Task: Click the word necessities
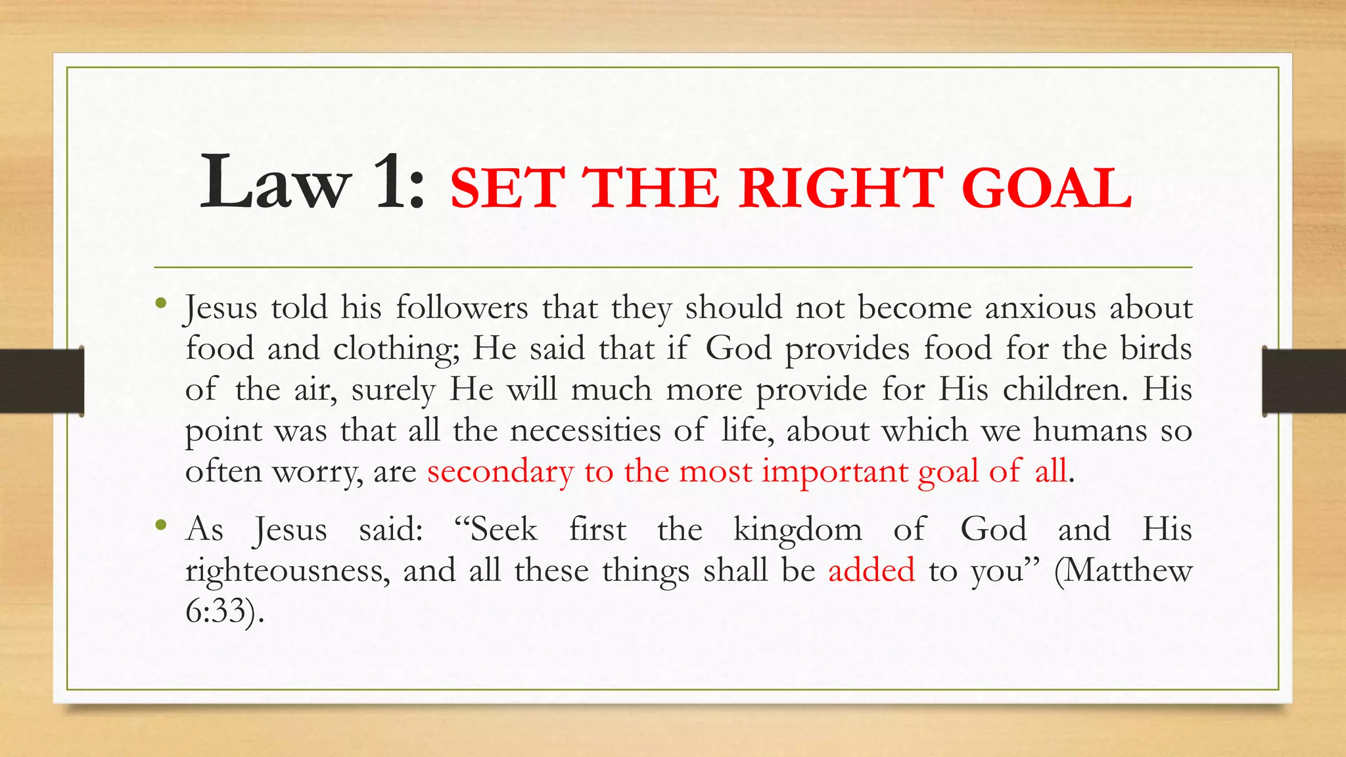[585, 430]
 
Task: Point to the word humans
[1090, 430]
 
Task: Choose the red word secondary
[500, 472]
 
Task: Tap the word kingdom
[797, 530]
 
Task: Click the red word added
[871, 570]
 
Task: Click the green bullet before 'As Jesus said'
[161, 525]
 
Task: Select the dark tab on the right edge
[1304, 381]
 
